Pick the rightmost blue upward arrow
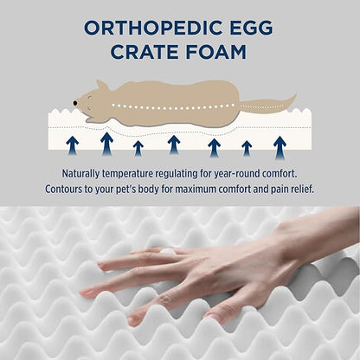[x=280, y=146]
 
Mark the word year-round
[x=254, y=173]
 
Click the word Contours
[x=68, y=189]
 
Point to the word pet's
[x=142, y=189]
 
